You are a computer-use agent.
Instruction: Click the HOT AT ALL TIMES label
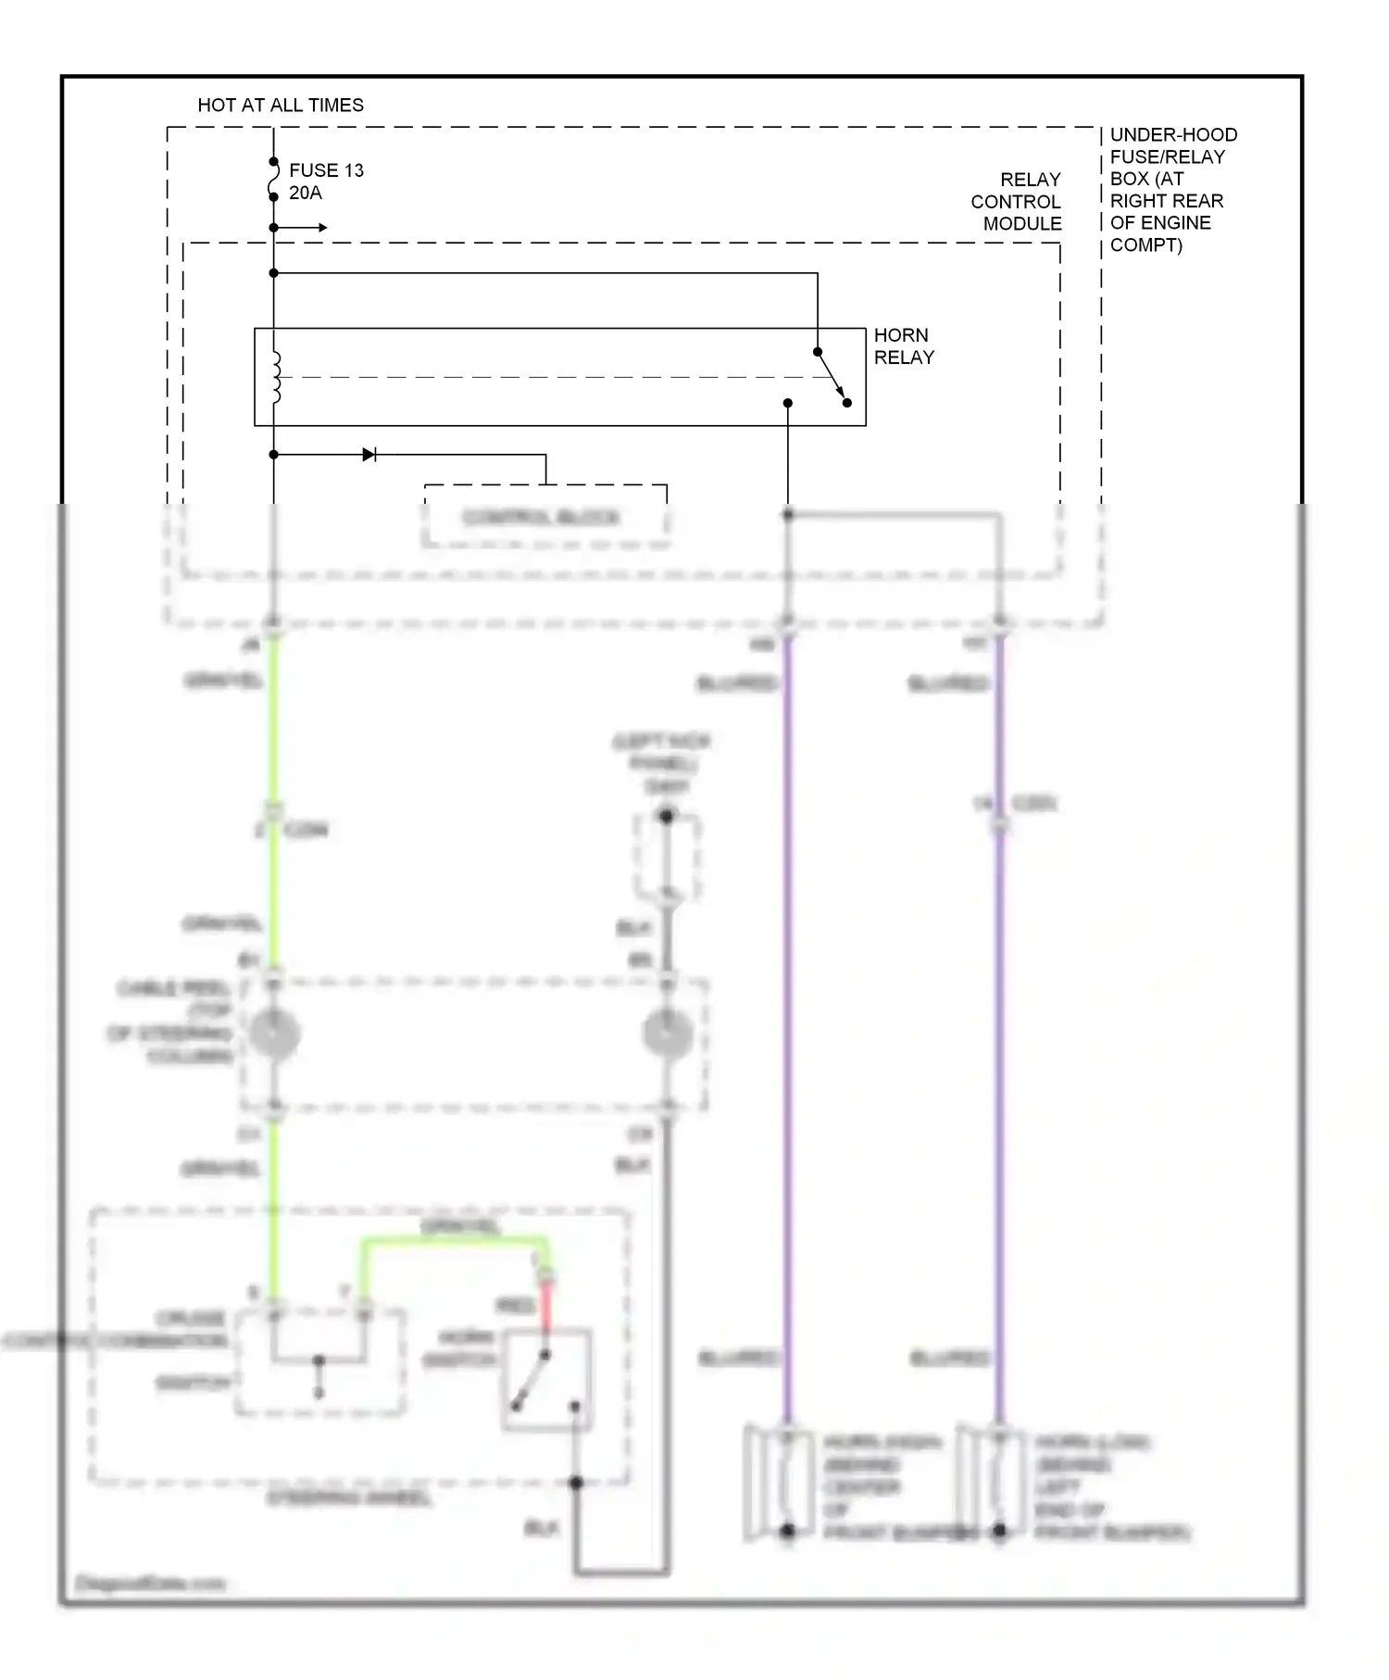pyautogui.click(x=281, y=106)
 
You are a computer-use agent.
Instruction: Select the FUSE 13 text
pyautogui.click(x=326, y=170)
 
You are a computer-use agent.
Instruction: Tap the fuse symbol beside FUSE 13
pyautogui.click(x=274, y=180)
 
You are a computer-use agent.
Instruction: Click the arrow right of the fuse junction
pyautogui.click(x=315, y=228)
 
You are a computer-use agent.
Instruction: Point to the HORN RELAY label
pyautogui.click(x=904, y=346)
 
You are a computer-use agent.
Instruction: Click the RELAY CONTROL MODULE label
pyautogui.click(x=1017, y=202)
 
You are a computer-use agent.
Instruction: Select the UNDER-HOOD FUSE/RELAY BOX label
pyautogui.click(x=1172, y=190)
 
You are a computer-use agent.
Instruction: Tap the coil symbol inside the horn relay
pyautogui.click(x=276, y=377)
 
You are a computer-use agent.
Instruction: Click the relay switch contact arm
pyautogui.click(x=832, y=377)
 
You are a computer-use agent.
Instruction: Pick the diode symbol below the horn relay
pyautogui.click(x=369, y=455)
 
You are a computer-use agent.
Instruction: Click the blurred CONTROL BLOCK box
pyautogui.click(x=544, y=517)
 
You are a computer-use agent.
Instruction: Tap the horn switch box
pyautogui.click(x=547, y=1380)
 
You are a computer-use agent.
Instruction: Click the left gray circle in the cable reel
pyautogui.click(x=274, y=1034)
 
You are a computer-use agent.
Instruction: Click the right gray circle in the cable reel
pyautogui.click(x=667, y=1034)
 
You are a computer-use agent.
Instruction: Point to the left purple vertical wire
pyautogui.click(x=787, y=1019)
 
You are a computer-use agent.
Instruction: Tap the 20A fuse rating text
pyautogui.click(x=306, y=194)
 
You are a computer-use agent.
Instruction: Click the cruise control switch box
pyautogui.click(x=319, y=1361)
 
